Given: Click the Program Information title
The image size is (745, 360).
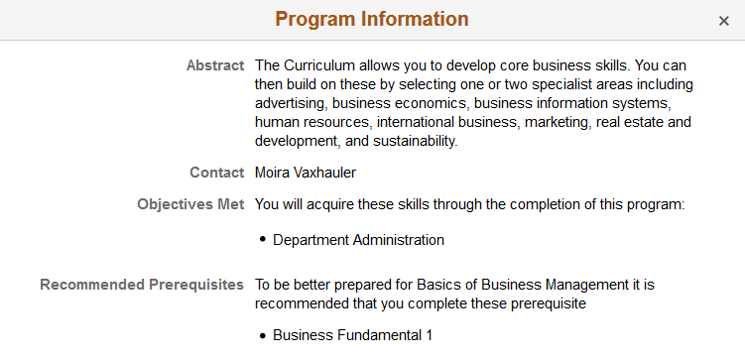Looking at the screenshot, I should coord(372,19).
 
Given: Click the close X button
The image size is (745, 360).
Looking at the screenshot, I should coord(724,21).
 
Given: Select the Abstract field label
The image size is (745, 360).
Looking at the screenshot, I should coord(215,65).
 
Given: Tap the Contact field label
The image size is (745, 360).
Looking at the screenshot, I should coord(217,173).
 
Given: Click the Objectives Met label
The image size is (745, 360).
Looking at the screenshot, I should coord(190,205).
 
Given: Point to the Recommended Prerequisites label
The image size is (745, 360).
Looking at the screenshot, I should coord(142,285).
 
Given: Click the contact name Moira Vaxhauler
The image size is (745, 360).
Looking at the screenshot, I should coord(305,173).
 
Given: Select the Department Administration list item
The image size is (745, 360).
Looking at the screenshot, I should coord(358,239).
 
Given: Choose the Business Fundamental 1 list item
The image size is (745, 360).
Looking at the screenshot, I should coord(352,335).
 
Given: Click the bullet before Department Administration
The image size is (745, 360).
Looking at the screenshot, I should coord(263,240).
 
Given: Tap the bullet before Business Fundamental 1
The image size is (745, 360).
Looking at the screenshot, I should coord(263,336).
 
